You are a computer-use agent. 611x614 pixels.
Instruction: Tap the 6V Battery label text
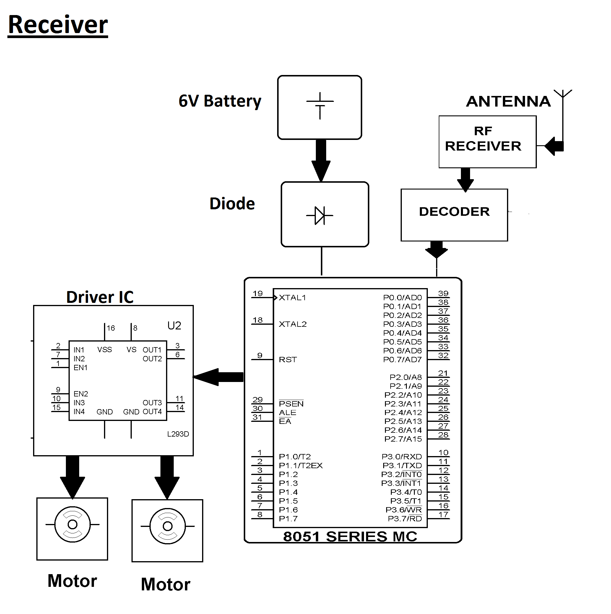(220, 101)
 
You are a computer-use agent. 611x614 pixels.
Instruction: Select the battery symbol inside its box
(320, 106)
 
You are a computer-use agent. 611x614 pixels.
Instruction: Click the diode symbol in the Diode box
(320, 215)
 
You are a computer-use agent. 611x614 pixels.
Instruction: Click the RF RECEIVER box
(487, 142)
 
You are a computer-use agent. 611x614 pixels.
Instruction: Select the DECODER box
(454, 215)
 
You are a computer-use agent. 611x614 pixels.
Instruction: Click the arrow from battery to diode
(321, 161)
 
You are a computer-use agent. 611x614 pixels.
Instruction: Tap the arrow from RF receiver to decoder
(465, 179)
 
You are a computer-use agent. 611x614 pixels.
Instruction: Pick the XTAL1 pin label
(292, 298)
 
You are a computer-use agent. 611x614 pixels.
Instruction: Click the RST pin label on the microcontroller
(288, 360)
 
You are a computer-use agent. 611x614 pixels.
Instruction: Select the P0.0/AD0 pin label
(402, 298)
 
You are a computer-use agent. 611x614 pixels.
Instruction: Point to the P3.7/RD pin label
(404, 519)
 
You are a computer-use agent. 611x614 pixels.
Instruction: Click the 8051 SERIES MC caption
(350, 537)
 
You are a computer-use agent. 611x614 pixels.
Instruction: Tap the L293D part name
(178, 434)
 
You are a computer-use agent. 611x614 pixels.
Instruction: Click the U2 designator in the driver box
(174, 326)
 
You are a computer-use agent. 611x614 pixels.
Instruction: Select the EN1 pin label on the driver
(80, 368)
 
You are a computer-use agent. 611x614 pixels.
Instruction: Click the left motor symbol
(72, 524)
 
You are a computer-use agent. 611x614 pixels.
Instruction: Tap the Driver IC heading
(100, 298)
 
